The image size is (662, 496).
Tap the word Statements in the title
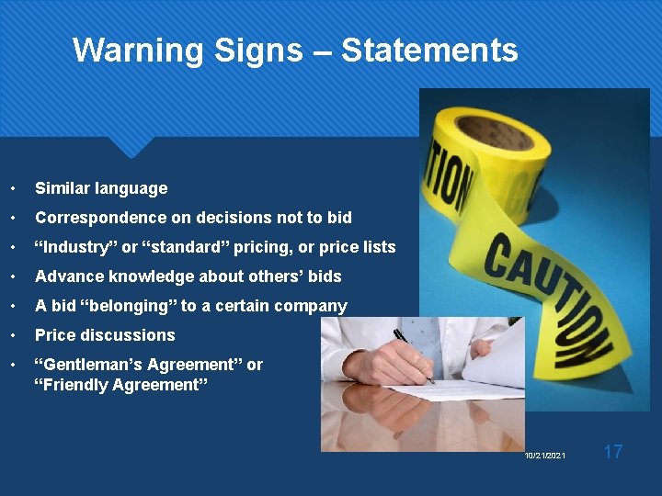(429, 50)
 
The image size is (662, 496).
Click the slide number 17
(613, 451)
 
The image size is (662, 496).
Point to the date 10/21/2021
(545, 456)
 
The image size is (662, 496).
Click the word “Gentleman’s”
(98, 365)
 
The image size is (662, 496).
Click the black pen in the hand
(413, 353)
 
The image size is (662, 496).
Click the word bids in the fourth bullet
(323, 276)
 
